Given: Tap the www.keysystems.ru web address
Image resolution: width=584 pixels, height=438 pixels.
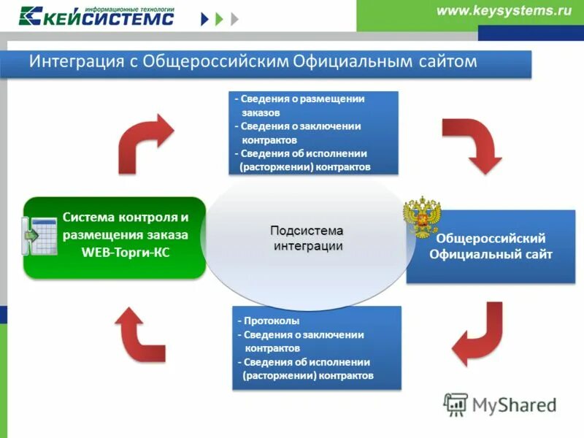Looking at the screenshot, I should pyautogui.click(x=503, y=10).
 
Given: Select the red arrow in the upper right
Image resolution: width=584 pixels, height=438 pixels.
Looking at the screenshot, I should pyautogui.click(x=471, y=142).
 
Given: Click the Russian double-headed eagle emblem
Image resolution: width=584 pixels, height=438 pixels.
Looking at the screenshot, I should pyautogui.click(x=422, y=217).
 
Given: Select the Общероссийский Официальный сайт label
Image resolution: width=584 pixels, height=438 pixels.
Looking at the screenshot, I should pyautogui.click(x=491, y=247).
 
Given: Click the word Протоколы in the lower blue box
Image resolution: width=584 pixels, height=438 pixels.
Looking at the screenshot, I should pyautogui.click(x=272, y=321).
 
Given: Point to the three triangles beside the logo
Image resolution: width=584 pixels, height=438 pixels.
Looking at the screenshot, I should pyautogui.click(x=220, y=18).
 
